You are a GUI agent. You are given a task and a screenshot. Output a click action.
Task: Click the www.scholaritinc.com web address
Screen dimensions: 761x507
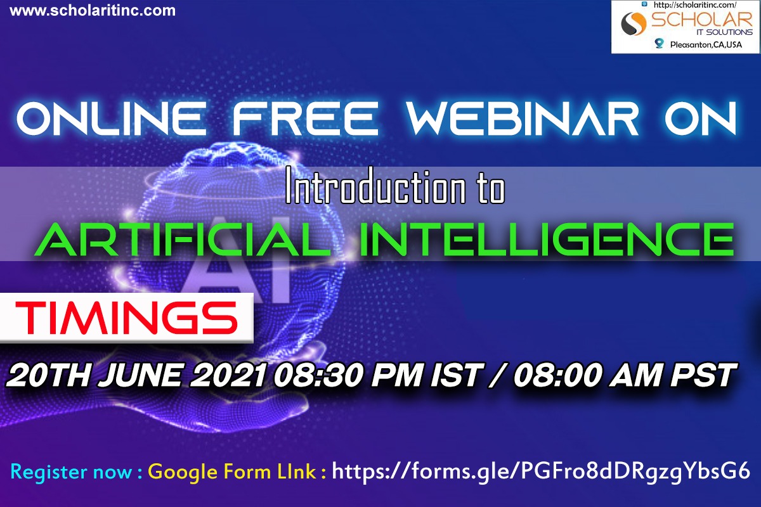pyautogui.click(x=93, y=11)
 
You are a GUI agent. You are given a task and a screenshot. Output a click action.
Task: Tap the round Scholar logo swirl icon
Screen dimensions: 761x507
pyautogui.click(x=634, y=24)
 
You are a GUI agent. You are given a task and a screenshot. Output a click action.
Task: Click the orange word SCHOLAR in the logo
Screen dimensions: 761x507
pyautogui.click(x=701, y=20)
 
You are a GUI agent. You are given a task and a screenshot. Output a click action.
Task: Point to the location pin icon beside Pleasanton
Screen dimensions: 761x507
pyautogui.click(x=660, y=44)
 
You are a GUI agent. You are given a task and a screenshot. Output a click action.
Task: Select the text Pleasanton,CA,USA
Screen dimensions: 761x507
pyautogui.click(x=706, y=44)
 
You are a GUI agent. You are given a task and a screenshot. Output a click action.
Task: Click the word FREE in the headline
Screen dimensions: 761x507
pyautogui.click(x=305, y=119)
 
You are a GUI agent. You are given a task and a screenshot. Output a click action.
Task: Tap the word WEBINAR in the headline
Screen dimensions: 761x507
pyautogui.click(x=523, y=119)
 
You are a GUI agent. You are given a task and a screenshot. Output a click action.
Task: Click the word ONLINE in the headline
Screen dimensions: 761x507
pyautogui.click(x=111, y=119)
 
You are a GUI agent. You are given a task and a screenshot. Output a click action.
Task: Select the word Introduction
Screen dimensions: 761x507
pyautogui.click(x=375, y=186)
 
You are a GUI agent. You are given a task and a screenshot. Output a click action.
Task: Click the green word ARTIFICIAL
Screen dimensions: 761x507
pyautogui.click(x=182, y=240)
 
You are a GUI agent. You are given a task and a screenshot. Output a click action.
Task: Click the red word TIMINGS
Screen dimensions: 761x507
pyautogui.click(x=126, y=318)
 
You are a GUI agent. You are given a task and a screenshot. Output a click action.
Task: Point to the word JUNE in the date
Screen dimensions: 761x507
pyautogui.click(x=141, y=375)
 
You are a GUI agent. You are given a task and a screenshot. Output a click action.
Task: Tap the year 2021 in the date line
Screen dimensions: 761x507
pyautogui.click(x=228, y=375)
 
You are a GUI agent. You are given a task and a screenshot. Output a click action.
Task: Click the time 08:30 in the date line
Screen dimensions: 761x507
pyautogui.click(x=318, y=375)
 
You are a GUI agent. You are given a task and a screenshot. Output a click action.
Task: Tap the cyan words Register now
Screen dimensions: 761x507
pyautogui.click(x=71, y=472)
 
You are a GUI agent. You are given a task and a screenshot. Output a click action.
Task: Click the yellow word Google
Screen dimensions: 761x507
pyautogui.click(x=183, y=472)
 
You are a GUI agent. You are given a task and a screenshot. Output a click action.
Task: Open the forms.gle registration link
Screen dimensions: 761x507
pyautogui.click(x=540, y=472)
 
